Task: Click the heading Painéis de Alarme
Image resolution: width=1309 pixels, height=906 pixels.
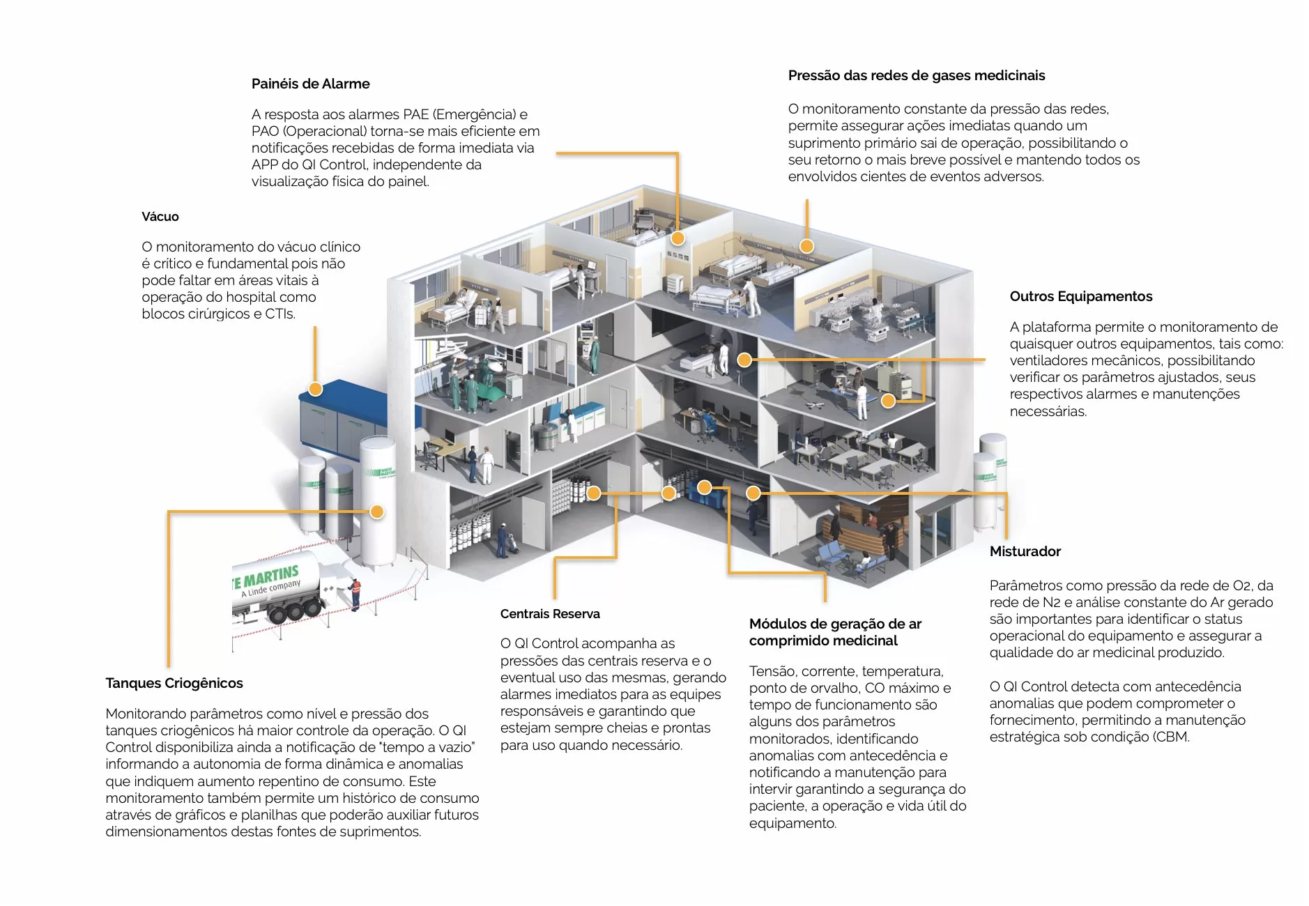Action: point(310,84)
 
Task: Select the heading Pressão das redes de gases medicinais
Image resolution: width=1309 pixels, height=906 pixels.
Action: point(916,75)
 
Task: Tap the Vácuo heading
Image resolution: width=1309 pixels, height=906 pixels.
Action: point(160,217)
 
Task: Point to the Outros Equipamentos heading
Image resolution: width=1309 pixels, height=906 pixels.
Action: point(1080,296)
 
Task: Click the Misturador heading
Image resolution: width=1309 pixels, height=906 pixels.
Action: point(1025,551)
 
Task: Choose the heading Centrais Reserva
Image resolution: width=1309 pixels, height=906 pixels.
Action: point(549,614)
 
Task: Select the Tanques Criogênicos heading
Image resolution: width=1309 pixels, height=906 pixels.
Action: point(174,683)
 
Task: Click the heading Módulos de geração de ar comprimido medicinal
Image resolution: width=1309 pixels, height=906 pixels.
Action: point(835,632)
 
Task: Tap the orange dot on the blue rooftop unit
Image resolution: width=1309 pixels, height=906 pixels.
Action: point(315,389)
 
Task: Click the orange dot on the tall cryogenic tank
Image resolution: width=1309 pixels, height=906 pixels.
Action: point(376,512)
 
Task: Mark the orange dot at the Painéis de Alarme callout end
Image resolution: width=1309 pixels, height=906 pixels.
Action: point(678,238)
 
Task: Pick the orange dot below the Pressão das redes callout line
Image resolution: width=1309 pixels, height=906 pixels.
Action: point(806,245)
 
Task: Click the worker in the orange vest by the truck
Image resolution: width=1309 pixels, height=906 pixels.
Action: point(355,593)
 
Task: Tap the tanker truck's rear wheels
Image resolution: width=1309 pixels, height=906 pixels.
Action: point(293,612)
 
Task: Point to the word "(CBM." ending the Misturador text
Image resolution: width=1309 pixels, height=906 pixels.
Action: point(1170,737)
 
